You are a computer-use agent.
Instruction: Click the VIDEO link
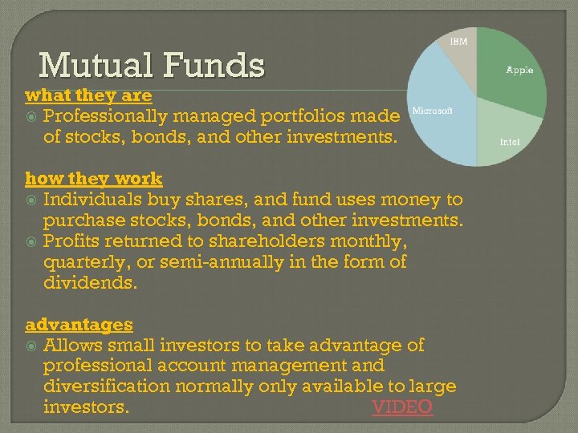(x=402, y=407)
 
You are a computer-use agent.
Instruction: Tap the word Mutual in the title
(x=86, y=66)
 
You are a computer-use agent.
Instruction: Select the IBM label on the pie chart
(x=458, y=41)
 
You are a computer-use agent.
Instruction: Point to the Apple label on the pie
(x=519, y=71)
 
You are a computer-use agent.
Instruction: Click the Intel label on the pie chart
(x=510, y=142)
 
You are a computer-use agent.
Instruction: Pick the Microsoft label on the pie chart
(x=433, y=111)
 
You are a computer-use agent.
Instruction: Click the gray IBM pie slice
(x=462, y=60)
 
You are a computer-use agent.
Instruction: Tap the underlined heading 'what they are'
(x=88, y=95)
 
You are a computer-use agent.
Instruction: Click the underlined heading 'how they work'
(x=94, y=179)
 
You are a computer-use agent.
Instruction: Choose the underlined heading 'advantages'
(x=79, y=325)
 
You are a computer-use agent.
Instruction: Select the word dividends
(x=91, y=283)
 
